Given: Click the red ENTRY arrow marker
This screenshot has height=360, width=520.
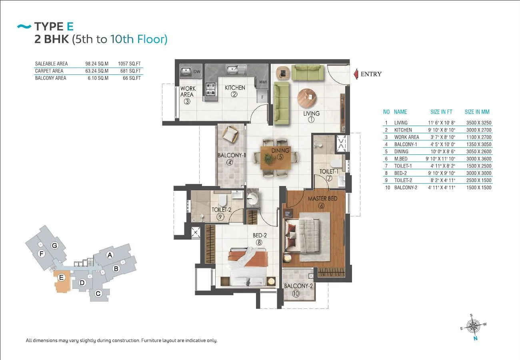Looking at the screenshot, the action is pyautogui.click(x=356, y=74).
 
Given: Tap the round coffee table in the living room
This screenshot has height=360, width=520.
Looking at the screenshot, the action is pyautogui.click(x=307, y=98).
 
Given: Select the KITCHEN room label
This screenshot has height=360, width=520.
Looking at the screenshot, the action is pyautogui.click(x=235, y=88).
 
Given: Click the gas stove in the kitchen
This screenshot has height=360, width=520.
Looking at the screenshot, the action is pyautogui.click(x=210, y=89).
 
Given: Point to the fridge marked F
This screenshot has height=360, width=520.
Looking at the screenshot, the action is pyautogui.click(x=262, y=97).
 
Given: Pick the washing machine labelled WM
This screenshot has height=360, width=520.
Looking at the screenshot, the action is pyautogui.click(x=263, y=82).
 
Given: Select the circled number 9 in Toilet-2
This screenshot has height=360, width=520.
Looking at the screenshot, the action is pyautogui.click(x=220, y=217).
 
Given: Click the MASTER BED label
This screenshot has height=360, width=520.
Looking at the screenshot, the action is pyautogui.click(x=322, y=199).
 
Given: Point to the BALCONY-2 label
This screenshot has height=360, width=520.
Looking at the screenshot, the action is pyautogui.click(x=298, y=286).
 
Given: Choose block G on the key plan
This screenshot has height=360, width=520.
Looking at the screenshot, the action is pyautogui.click(x=54, y=246).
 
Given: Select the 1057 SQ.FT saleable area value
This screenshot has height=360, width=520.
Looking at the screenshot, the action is pyautogui.click(x=129, y=64).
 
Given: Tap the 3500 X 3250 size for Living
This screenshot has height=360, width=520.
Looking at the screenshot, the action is pyautogui.click(x=479, y=123).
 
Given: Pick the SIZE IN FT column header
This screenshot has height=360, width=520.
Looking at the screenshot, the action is pyautogui.click(x=441, y=112).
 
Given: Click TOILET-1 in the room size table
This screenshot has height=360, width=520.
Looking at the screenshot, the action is pyautogui.click(x=403, y=166).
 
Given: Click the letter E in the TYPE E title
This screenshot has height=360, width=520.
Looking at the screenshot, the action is pyautogui.click(x=70, y=26).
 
